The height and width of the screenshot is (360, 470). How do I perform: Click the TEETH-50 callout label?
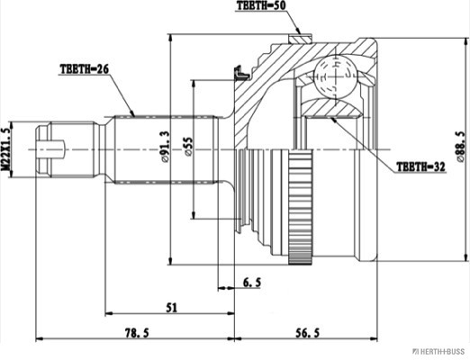261,5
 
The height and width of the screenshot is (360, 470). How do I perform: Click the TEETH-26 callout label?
84,69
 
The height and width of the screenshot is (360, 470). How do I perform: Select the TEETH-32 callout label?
420,166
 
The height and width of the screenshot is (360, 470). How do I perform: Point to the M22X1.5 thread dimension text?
5,149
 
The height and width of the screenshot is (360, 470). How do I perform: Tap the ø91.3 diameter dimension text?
165,147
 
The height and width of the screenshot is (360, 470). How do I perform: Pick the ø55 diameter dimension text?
189,147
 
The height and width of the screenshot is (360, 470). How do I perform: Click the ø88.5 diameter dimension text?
460,147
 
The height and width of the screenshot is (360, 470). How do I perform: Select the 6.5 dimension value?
252,283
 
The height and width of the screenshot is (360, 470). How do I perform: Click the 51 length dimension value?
172,308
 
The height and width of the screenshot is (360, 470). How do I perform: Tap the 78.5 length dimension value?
137,333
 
